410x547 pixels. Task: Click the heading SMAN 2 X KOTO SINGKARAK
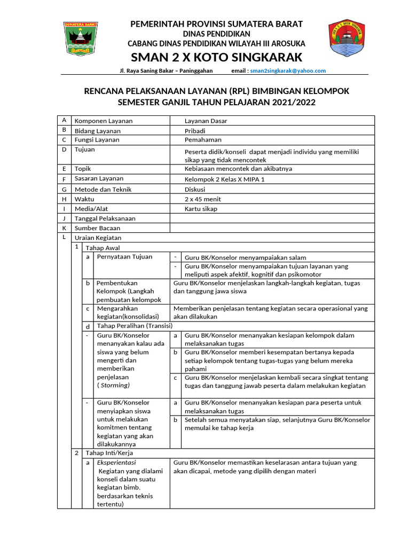tap(217, 57)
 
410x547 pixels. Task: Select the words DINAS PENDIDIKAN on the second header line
tap(217, 34)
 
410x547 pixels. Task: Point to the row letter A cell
tap(64, 121)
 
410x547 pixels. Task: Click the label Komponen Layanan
tap(104, 121)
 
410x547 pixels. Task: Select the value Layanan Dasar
tap(206, 121)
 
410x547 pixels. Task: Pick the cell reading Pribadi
tap(195, 131)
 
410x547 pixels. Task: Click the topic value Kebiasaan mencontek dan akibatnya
tap(238, 169)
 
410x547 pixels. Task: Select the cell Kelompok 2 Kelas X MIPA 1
tap(224, 179)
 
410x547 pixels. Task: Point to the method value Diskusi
tap(195, 189)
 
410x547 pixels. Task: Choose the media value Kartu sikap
tap(201, 209)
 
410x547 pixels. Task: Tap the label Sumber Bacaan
tap(97, 228)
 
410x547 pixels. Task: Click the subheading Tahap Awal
tap(102, 248)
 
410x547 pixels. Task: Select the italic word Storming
tap(115, 385)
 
